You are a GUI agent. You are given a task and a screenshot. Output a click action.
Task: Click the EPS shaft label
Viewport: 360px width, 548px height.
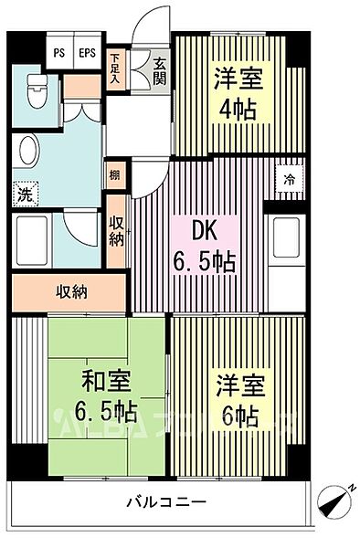tap(86, 52)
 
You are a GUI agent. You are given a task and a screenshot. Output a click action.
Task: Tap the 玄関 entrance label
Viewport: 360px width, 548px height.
tap(160, 71)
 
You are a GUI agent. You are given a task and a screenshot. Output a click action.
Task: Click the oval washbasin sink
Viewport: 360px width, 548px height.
tap(29, 153)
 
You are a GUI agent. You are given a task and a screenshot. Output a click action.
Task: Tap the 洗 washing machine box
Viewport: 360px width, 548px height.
tap(25, 193)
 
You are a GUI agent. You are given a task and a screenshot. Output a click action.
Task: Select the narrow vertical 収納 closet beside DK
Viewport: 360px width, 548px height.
tap(117, 234)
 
